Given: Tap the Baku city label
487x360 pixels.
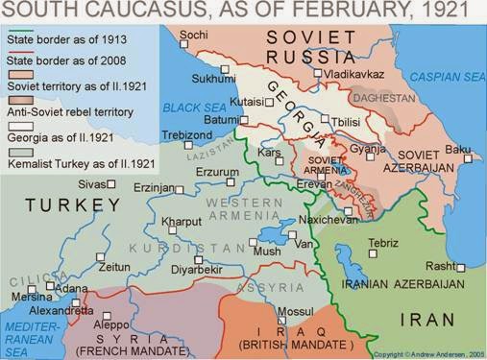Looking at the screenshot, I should point(459,149).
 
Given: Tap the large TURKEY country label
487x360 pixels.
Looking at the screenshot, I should point(59,204).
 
